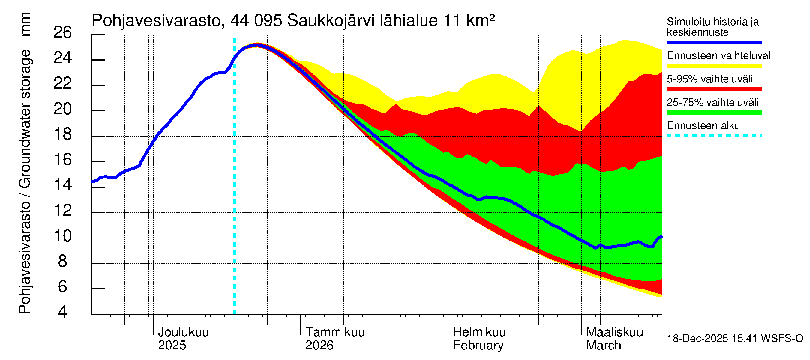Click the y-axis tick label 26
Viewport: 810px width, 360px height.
(x=63, y=33)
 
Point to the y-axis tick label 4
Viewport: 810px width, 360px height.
(x=63, y=312)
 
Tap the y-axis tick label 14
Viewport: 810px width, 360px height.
(x=63, y=185)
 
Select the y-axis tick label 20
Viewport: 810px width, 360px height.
(x=63, y=109)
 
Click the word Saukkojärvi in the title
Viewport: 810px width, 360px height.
(x=331, y=21)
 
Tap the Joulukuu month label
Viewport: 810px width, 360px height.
(x=183, y=332)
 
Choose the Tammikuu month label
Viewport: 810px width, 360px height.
(x=335, y=332)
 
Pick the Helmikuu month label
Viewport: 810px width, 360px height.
(x=479, y=332)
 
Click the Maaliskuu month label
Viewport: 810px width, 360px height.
(x=614, y=332)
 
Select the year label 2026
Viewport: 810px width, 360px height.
(x=319, y=346)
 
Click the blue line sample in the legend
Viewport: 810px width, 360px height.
(x=714, y=42)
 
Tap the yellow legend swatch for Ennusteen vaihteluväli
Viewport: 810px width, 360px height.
(x=714, y=66)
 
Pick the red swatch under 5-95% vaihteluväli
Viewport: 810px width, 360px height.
(x=714, y=89)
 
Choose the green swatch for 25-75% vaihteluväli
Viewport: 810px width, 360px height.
(x=714, y=112)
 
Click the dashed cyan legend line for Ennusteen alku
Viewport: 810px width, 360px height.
(x=714, y=136)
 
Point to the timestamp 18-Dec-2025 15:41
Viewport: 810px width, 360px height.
(x=713, y=339)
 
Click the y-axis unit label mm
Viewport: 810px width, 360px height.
(x=25, y=24)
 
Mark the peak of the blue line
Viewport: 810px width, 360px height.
(x=256, y=45)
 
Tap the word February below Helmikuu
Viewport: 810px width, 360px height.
(x=478, y=346)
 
